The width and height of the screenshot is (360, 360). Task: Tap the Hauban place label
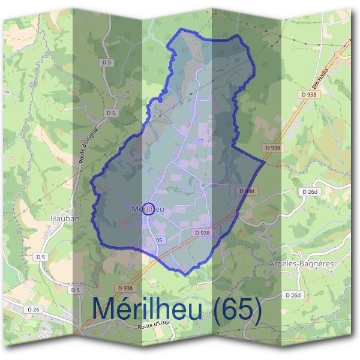(65, 219)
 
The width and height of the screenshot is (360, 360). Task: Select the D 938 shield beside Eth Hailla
(309, 95)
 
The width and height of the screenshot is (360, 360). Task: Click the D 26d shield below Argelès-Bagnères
(293, 295)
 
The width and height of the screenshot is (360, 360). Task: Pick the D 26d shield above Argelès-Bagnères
(310, 191)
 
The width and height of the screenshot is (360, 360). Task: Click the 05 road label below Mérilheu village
(159, 240)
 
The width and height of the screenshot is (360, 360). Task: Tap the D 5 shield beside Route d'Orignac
(110, 113)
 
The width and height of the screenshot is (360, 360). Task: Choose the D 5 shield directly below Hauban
(40, 257)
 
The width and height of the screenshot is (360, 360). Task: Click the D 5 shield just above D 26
(75, 290)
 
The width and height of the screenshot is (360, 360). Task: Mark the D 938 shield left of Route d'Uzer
(125, 288)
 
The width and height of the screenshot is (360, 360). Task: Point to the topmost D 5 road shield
(107, 62)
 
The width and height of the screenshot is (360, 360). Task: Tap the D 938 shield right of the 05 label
(202, 233)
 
